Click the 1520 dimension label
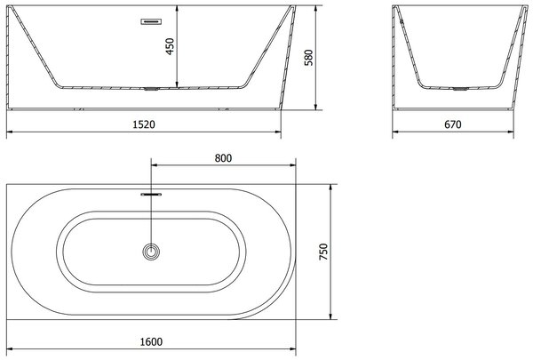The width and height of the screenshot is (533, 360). pos(143,124)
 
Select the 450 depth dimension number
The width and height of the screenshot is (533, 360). pos(170,46)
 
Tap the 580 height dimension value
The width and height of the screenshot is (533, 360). pos(308,57)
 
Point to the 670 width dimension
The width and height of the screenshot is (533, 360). pos(453,124)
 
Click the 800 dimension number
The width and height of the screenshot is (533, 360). pos(223,158)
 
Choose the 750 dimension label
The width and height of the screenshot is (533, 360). pos(323,252)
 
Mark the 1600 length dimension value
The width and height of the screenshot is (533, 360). pos(151,341)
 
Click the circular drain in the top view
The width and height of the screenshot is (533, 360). pos(151,252)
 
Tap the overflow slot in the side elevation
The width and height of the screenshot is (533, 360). pos(151,21)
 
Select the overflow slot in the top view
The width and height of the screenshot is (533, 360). pos(151,195)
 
